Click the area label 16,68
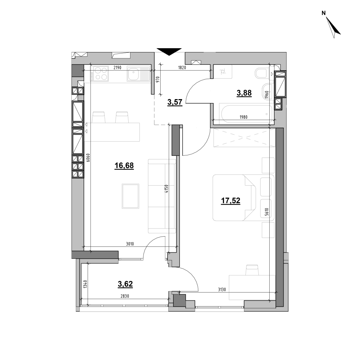(x=124, y=166)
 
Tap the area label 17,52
(x=231, y=201)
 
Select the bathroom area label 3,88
(x=244, y=93)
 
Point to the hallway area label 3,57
(x=175, y=102)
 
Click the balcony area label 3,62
(x=125, y=284)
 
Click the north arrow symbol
(x=333, y=27)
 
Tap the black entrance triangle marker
(x=169, y=52)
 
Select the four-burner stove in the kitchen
(x=99, y=73)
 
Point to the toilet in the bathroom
(x=261, y=73)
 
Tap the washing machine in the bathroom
(x=223, y=72)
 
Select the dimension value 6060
(x=88, y=158)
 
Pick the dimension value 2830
(x=125, y=296)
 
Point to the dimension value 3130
(x=222, y=290)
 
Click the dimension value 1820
(x=182, y=67)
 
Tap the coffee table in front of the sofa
(x=131, y=196)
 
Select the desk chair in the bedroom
(x=252, y=270)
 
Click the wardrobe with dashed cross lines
(x=244, y=137)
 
